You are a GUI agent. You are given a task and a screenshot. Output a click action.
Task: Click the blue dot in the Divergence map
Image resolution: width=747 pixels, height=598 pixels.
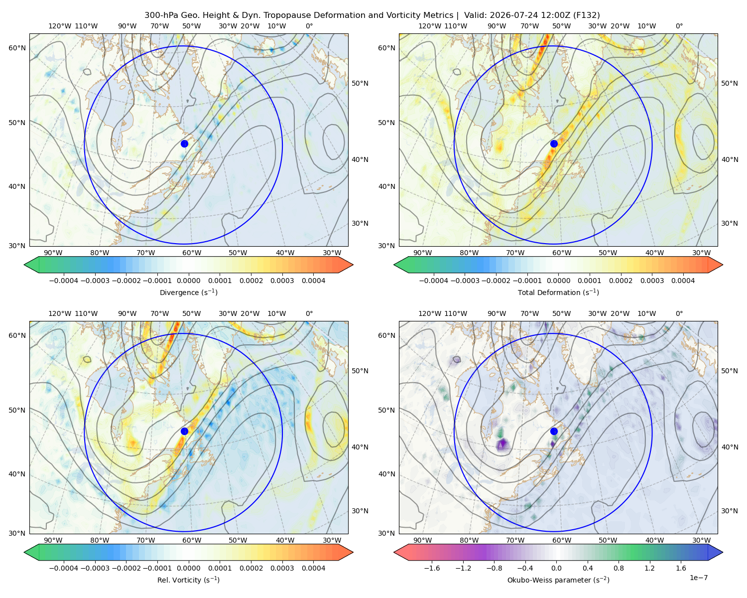coord(184,144)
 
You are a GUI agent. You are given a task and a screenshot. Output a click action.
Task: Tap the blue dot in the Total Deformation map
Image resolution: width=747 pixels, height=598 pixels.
coord(554,144)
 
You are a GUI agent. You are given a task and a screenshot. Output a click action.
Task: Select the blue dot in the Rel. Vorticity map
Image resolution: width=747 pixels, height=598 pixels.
coord(184,431)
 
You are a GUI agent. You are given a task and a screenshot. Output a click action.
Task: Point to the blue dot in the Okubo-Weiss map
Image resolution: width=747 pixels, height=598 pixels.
coord(554,431)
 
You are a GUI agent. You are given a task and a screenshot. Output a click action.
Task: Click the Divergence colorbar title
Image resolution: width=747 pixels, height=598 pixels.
coord(188,292)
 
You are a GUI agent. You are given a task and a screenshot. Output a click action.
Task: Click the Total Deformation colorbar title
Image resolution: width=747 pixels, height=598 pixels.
coord(558,292)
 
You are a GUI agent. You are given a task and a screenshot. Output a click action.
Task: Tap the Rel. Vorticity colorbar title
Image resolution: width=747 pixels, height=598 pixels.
coord(188,580)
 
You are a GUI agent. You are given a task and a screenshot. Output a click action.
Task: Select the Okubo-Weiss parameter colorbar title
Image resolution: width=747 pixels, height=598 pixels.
coord(558,580)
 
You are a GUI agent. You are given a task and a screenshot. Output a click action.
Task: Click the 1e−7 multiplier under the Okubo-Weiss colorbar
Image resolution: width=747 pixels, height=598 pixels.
coord(698,578)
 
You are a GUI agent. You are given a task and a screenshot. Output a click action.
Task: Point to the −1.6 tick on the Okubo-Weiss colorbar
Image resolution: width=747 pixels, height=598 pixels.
coord(432,568)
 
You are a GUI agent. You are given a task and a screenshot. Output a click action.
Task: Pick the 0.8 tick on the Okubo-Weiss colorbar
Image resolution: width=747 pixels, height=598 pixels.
coord(619,568)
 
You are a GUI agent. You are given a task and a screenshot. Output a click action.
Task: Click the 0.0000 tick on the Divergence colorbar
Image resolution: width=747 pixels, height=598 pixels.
coord(188,281)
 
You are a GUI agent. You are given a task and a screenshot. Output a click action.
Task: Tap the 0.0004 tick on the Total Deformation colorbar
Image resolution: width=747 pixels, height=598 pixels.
coord(683,281)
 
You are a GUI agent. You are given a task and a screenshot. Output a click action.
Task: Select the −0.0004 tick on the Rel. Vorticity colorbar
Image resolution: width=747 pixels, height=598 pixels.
coord(64,568)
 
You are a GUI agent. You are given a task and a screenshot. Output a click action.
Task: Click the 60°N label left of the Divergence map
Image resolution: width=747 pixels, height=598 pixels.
coord(17,48)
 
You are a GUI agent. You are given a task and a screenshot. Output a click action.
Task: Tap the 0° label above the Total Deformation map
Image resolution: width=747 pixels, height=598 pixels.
coord(679,26)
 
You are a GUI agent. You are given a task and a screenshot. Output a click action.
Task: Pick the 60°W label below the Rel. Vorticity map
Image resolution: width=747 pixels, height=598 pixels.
coord(192,540)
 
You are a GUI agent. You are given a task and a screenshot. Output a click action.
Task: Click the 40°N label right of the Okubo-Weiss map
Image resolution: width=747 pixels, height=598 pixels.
coord(730,447)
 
